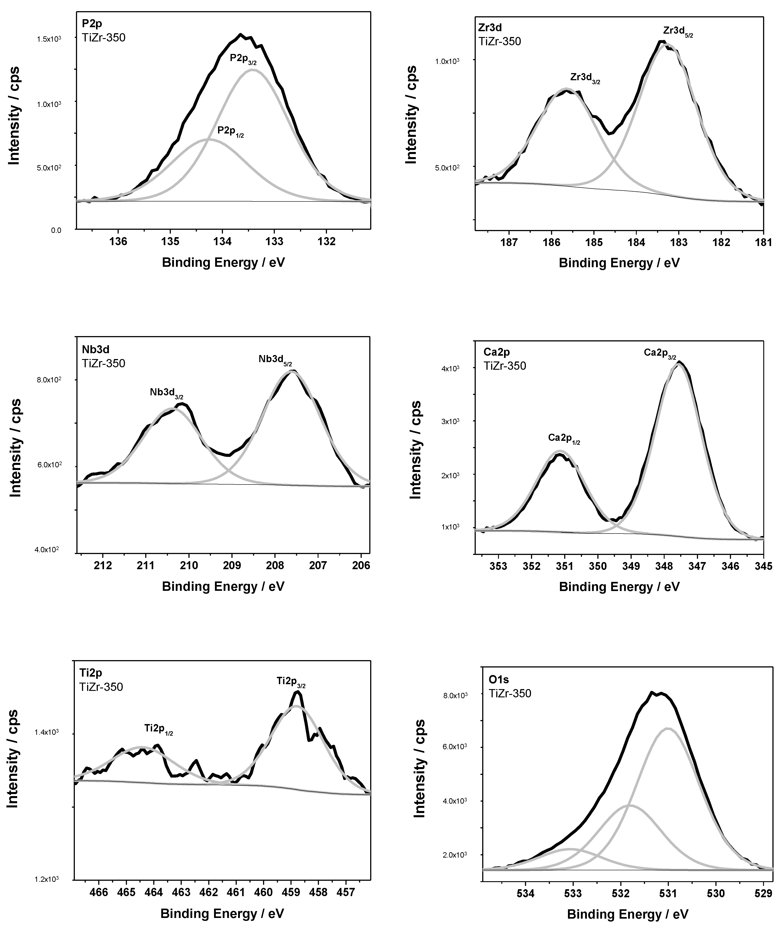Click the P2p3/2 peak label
[x=243, y=59]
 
